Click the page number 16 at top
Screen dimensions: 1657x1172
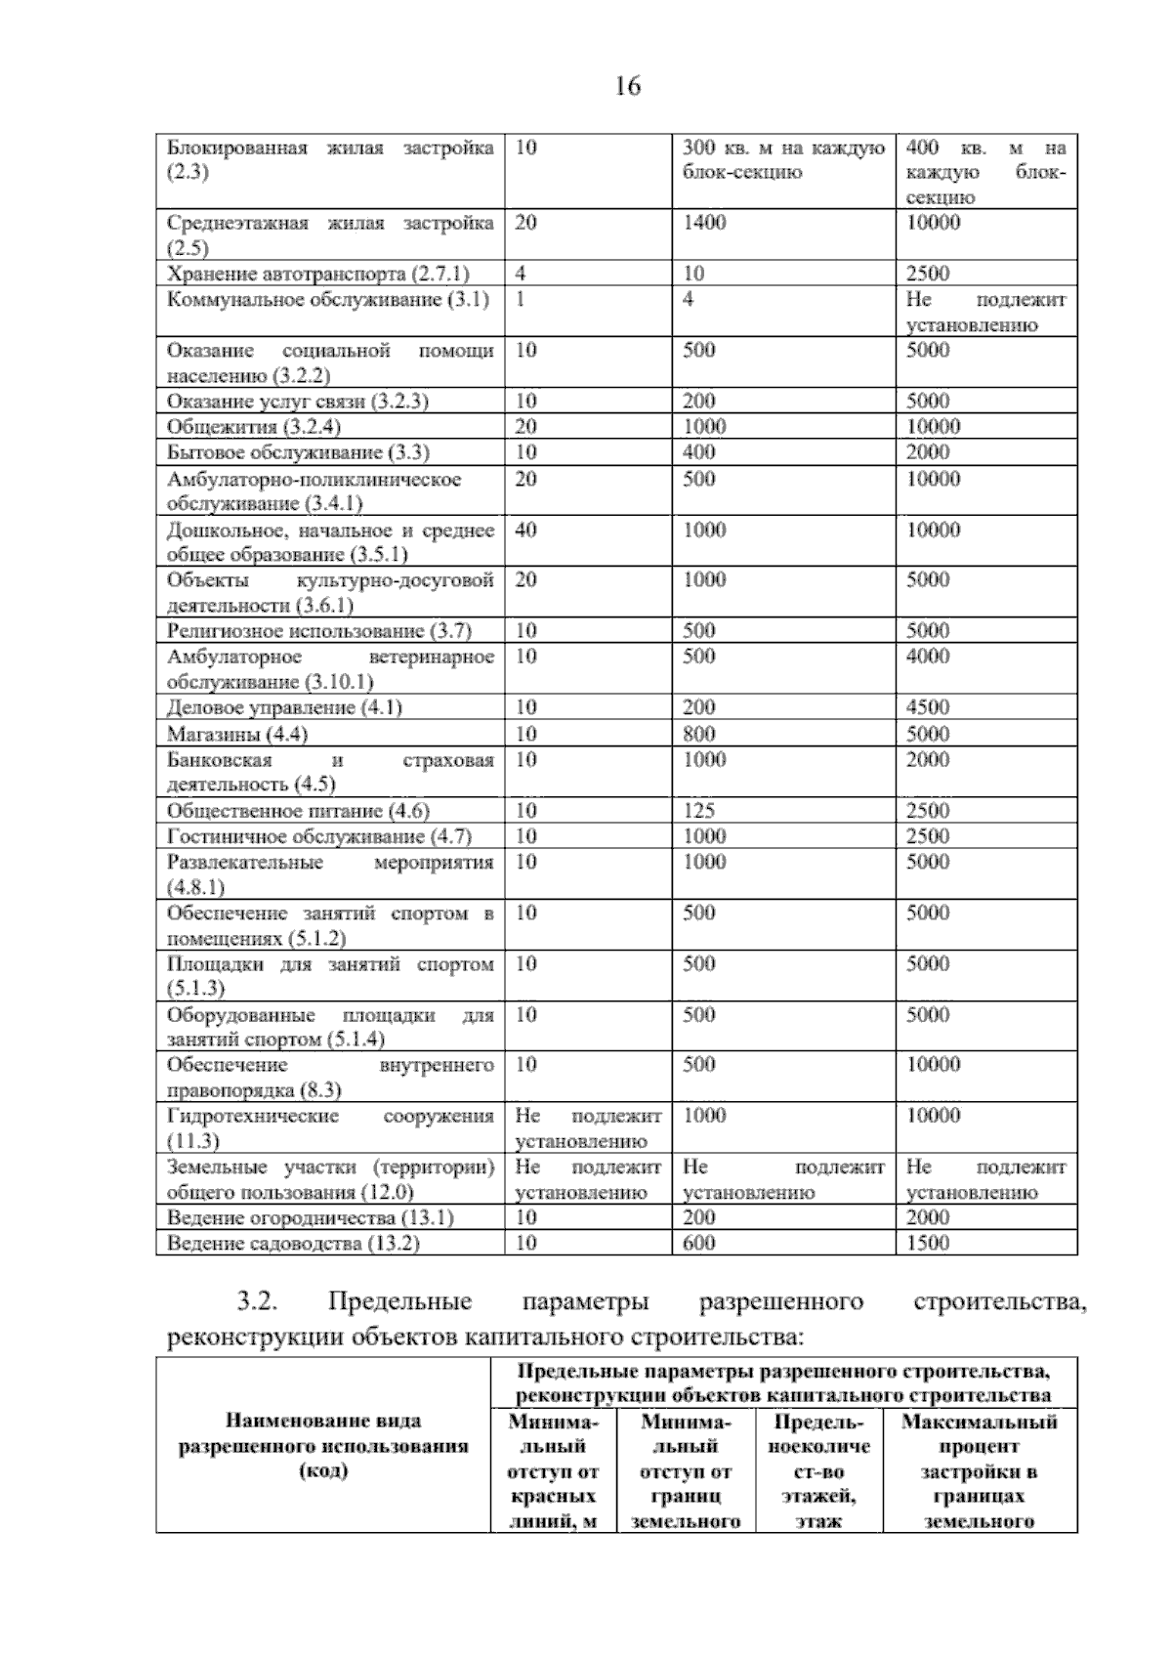click(x=628, y=87)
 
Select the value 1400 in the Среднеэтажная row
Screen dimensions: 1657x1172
click(x=704, y=223)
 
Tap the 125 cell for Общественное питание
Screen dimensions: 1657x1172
click(x=698, y=811)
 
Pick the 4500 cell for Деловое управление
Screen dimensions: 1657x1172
click(x=928, y=707)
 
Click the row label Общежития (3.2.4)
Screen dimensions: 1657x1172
click(x=254, y=427)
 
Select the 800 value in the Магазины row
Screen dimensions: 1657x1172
click(x=698, y=734)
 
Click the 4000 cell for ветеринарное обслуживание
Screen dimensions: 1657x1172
click(x=928, y=657)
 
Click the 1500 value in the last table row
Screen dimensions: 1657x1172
click(x=928, y=1243)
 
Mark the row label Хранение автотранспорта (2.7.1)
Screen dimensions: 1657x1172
click(x=318, y=274)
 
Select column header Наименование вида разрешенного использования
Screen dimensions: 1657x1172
click(x=322, y=1446)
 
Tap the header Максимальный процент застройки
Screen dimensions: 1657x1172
click(x=979, y=1470)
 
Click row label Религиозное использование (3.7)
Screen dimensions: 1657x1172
click(x=319, y=631)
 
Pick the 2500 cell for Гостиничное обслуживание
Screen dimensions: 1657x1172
click(x=928, y=836)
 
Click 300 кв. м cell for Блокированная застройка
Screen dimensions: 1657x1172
click(x=783, y=160)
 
